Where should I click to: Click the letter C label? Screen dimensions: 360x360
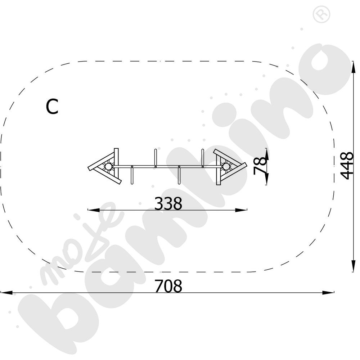(52, 107)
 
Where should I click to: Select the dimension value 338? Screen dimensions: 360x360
(168, 203)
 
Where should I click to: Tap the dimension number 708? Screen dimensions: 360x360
(168, 286)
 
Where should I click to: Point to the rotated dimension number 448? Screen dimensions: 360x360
(346, 165)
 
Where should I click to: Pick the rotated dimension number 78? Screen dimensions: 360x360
(260, 166)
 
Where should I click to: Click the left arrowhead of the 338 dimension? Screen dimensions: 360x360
(94, 210)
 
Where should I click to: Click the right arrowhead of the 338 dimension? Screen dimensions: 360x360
(241, 210)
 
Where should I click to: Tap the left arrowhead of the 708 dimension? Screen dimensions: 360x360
(6, 293)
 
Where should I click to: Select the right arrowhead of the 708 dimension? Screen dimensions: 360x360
(328, 293)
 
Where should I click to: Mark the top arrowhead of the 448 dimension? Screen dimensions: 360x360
(354, 68)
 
